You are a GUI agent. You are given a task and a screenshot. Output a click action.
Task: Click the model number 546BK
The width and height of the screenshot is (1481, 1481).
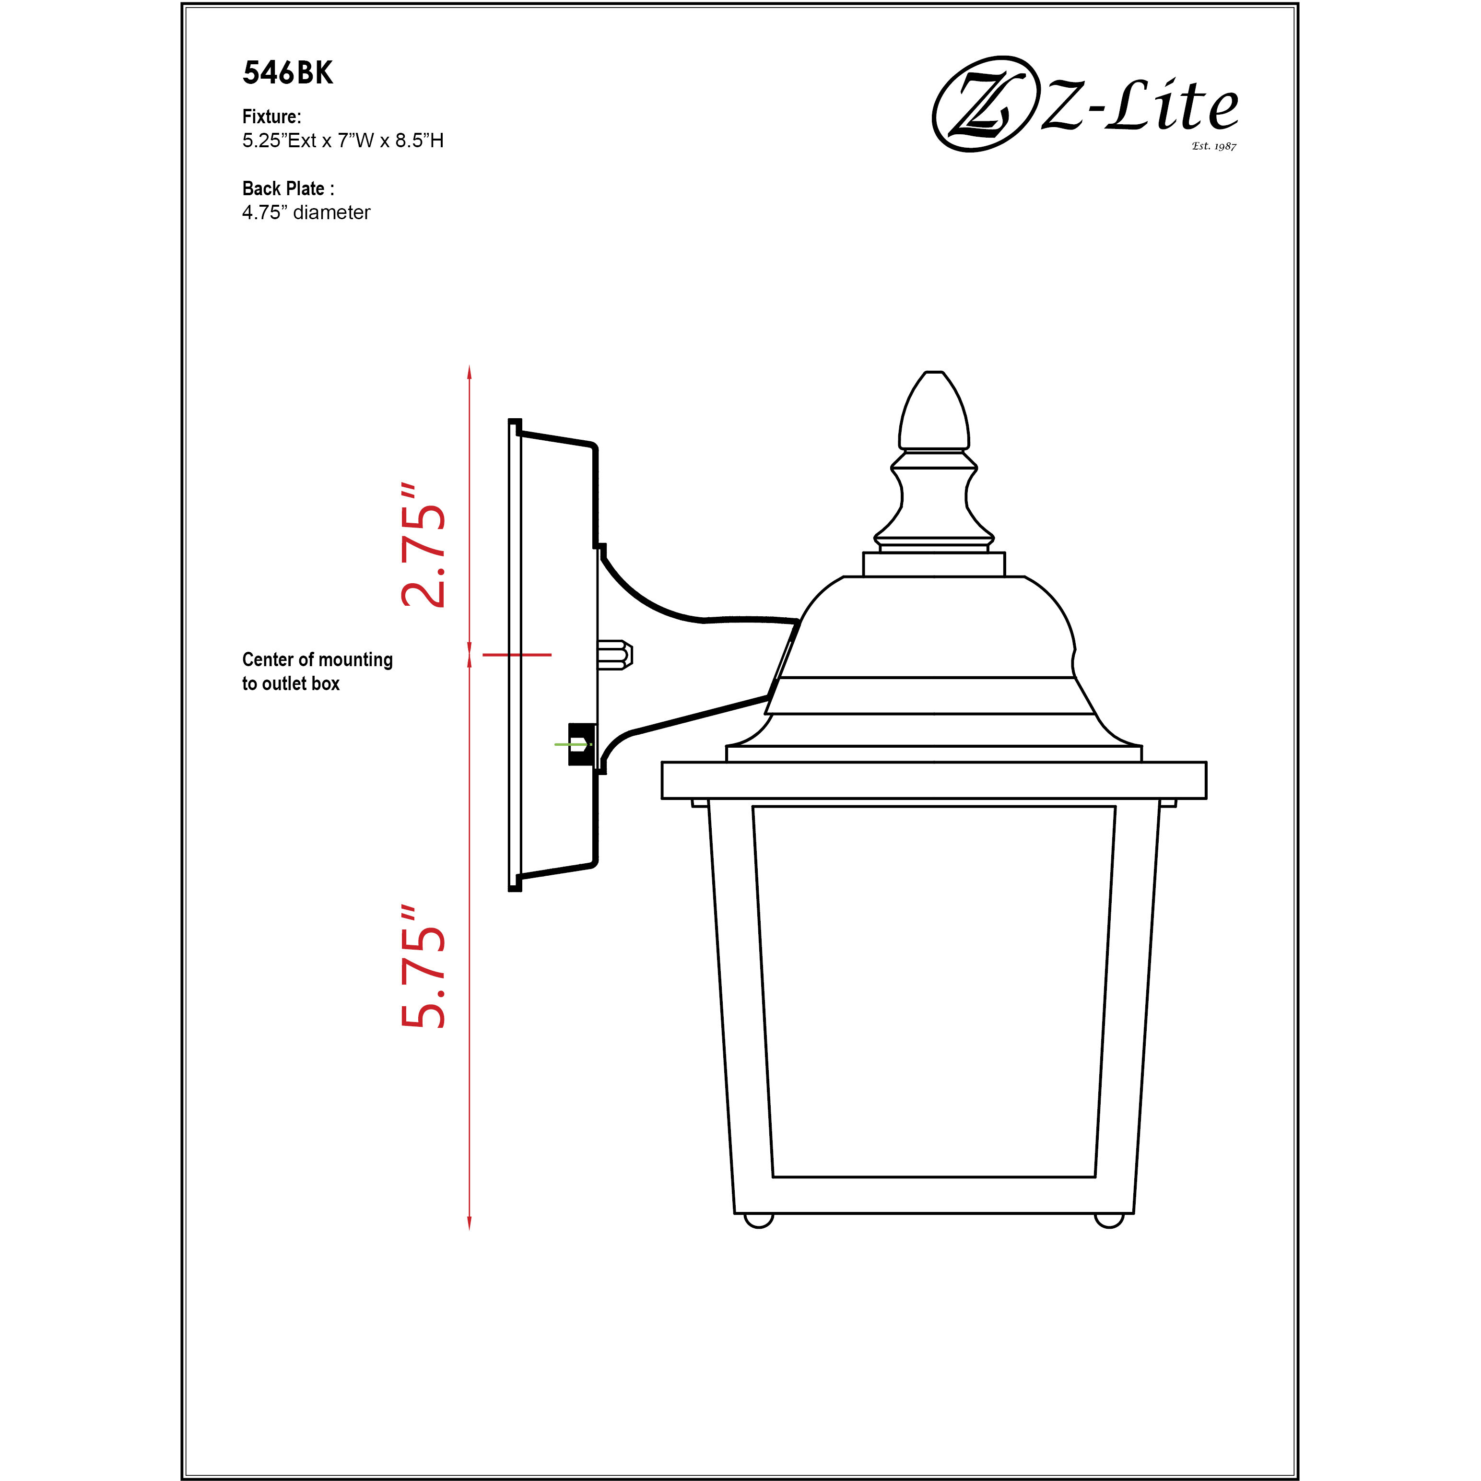tap(287, 73)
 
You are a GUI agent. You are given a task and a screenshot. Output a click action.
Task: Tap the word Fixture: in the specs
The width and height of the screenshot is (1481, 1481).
tap(271, 117)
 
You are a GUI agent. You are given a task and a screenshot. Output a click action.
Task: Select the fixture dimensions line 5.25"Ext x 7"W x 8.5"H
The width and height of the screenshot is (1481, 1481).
tap(342, 141)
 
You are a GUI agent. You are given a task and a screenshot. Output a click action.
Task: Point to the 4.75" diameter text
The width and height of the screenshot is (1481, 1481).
tap(306, 212)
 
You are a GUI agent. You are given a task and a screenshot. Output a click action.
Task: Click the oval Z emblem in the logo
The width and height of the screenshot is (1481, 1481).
tap(981, 104)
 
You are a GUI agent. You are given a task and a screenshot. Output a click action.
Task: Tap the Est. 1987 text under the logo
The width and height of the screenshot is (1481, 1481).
tap(1213, 146)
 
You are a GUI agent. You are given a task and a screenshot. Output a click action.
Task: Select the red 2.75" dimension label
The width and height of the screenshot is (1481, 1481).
tap(423, 546)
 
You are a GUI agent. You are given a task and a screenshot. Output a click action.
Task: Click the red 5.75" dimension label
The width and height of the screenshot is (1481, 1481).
tap(423, 966)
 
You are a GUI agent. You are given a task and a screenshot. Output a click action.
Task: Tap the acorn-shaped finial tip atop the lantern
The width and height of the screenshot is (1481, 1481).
tap(934, 410)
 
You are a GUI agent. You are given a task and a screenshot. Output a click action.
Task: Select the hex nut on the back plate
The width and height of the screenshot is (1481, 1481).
tap(615, 655)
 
